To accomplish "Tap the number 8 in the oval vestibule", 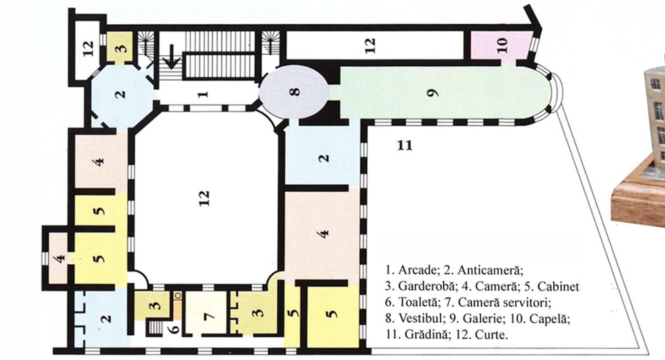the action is click(x=296, y=91).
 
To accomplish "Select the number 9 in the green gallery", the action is click(x=434, y=93).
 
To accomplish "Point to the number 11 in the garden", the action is click(x=405, y=146).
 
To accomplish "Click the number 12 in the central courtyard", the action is click(x=204, y=198).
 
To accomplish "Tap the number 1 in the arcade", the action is click(x=204, y=92).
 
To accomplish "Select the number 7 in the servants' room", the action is click(x=211, y=317).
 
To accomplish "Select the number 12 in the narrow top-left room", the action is click(x=88, y=48).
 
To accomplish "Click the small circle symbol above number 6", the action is click(x=178, y=294).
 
